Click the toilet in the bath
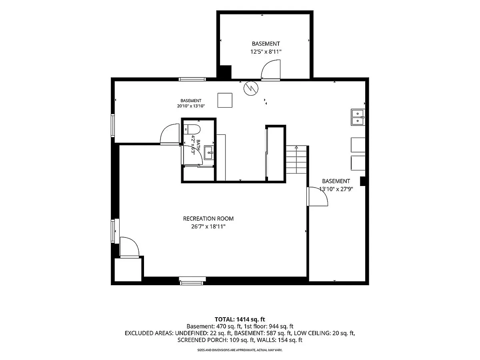(192, 129)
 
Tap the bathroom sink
(209, 153)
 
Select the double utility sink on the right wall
(358, 117)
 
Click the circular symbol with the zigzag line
(251, 88)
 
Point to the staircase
(296, 160)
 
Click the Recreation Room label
(208, 218)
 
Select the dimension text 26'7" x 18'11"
(208, 226)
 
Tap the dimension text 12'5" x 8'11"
(266, 52)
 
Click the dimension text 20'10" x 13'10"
(191, 106)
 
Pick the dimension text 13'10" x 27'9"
(336, 189)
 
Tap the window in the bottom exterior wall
(192, 281)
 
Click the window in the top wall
(192, 79)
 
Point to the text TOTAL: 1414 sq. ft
(240, 319)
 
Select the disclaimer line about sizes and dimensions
(240, 350)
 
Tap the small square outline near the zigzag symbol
(225, 100)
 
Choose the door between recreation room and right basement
(317, 196)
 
